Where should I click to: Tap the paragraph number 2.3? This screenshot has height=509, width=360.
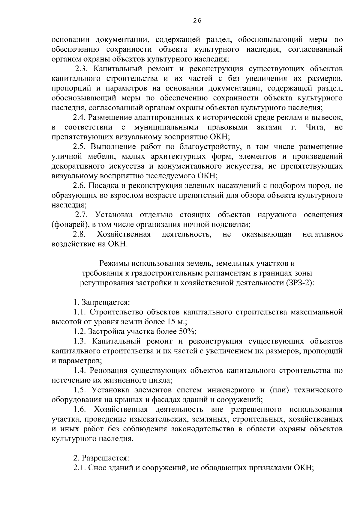[x=81, y=69]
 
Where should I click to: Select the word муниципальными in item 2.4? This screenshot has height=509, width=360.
[x=166, y=127]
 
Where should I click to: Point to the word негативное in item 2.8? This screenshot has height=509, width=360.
[x=323, y=234]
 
